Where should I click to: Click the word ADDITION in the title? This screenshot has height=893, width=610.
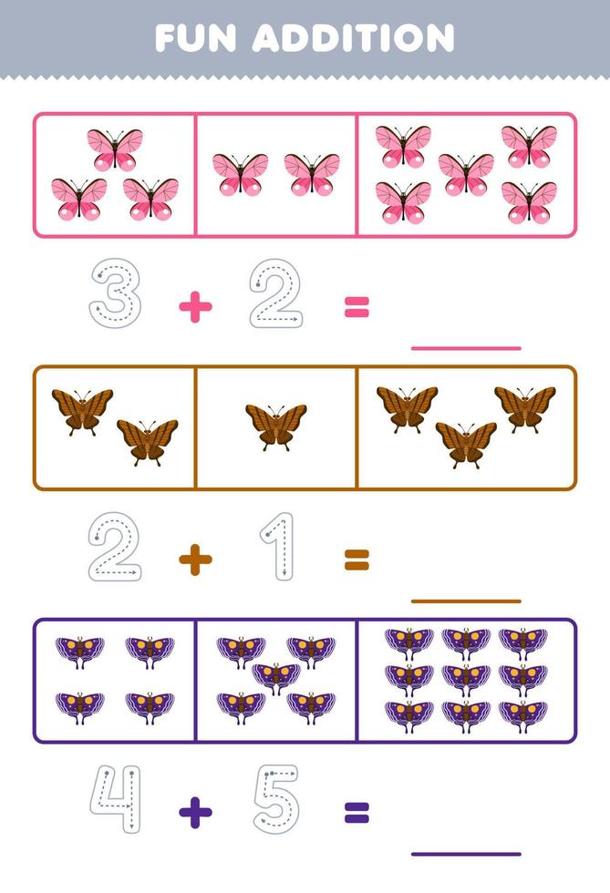tap(354, 37)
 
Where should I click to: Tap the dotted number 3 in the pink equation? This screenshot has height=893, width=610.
tap(115, 293)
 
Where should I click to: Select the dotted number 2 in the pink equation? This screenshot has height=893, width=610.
tap(276, 293)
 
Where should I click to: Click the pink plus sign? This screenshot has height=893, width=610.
tap(195, 308)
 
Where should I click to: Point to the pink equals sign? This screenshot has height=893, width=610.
tap(357, 308)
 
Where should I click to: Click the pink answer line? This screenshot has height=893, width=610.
tap(466, 347)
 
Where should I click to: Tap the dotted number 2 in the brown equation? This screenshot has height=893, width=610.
tap(115, 547)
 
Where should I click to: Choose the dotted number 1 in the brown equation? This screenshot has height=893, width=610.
tap(279, 547)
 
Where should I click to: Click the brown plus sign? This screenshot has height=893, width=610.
tap(195, 560)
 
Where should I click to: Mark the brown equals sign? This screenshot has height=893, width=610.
tap(357, 560)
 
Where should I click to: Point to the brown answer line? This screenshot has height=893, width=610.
tap(466, 600)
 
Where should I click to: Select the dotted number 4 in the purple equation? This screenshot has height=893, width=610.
tap(115, 799)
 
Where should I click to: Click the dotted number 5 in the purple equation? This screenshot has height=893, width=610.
tap(276, 799)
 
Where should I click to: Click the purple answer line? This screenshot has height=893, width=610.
tap(466, 854)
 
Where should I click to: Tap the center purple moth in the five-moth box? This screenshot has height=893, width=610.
tap(275, 677)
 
